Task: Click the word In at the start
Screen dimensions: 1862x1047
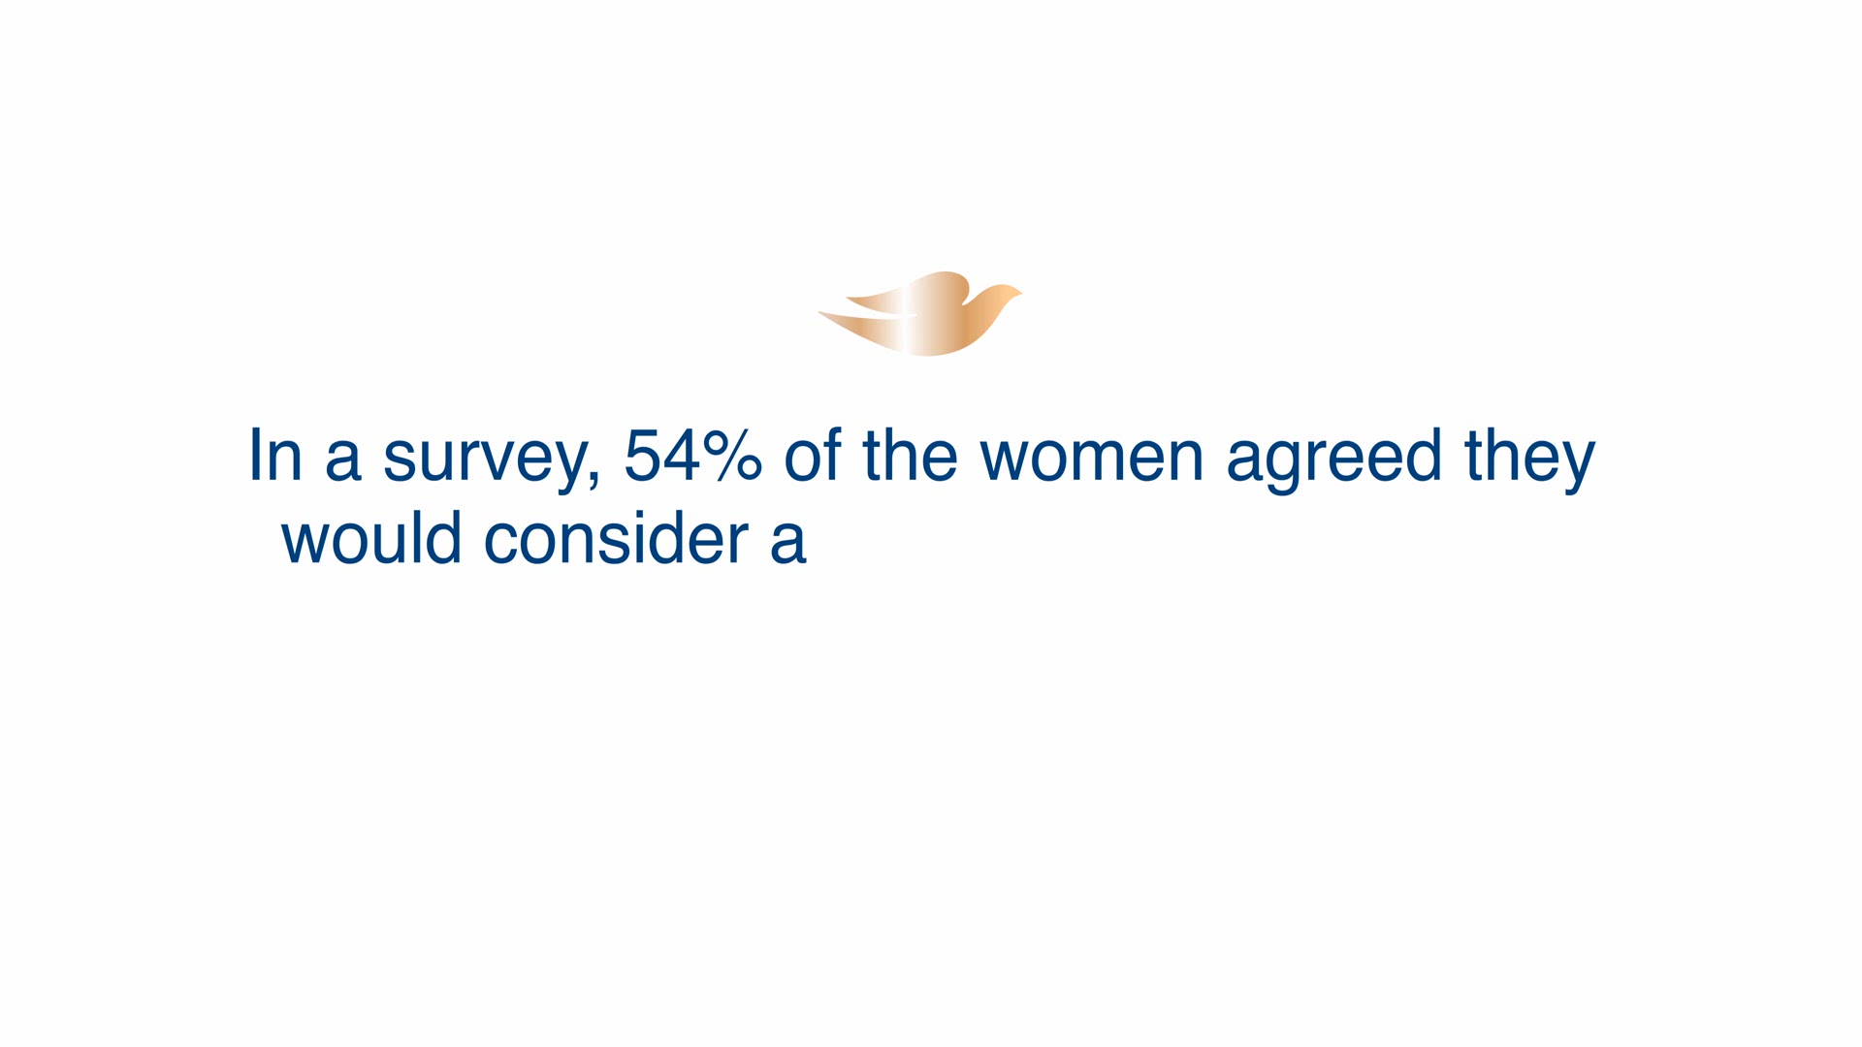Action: tap(275, 455)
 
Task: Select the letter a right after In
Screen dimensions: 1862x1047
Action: tap(343, 461)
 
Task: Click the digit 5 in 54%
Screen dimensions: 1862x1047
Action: tap(642, 456)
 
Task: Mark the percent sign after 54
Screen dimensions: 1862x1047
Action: tap(733, 456)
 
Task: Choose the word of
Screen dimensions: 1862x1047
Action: tap(812, 455)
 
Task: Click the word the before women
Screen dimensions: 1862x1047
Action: tap(910, 455)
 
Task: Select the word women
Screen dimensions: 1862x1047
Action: tap(1091, 461)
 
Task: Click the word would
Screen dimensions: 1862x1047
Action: tap(371, 538)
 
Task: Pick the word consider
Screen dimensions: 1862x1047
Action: tap(617, 538)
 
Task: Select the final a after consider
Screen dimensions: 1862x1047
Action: tap(788, 545)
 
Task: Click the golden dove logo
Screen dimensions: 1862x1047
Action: tap(921, 314)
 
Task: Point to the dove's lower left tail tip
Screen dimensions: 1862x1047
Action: tap(820, 313)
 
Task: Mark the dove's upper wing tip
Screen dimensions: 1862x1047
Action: tap(849, 298)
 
